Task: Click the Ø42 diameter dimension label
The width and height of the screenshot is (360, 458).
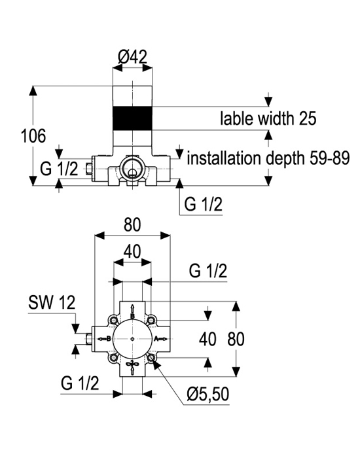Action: pyautogui.click(x=132, y=57)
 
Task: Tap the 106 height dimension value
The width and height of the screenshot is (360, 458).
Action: pyautogui.click(x=33, y=136)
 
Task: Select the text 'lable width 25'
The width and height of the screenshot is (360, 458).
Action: pyautogui.click(x=268, y=118)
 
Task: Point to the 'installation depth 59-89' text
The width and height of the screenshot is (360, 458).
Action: pyautogui.click(x=268, y=158)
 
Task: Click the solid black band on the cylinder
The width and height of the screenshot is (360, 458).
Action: pyautogui.click(x=132, y=118)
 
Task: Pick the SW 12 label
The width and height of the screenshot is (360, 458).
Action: pyautogui.click(x=52, y=302)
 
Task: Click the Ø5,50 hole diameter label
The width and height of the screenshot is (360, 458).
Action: pyautogui.click(x=208, y=394)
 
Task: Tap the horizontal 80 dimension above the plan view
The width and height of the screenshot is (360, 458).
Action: pyautogui.click(x=132, y=225)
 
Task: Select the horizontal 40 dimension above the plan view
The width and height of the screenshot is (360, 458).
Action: pyautogui.click(x=132, y=251)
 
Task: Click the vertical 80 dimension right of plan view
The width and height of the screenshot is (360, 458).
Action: pyautogui.click(x=236, y=340)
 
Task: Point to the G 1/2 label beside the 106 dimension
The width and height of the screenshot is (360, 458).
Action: pyautogui.click(x=59, y=169)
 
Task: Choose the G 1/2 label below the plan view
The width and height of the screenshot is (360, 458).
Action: pyautogui.click(x=80, y=383)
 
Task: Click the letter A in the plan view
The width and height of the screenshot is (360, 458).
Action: pyautogui.click(x=156, y=339)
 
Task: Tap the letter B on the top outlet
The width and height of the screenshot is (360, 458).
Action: pyautogui.click(x=132, y=316)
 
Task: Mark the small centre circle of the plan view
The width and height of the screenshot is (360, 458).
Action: pyautogui.click(x=132, y=339)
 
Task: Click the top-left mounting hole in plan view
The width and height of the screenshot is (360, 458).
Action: pyautogui.click(x=113, y=320)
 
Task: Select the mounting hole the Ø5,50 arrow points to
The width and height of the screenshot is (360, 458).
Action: pyautogui.click(x=151, y=357)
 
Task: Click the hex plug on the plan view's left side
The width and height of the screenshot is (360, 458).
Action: pyautogui.click(x=89, y=339)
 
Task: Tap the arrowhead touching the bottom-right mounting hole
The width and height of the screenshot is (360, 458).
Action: pyautogui.click(x=156, y=363)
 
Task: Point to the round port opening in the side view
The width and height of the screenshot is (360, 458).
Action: pyautogui.click(x=132, y=167)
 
